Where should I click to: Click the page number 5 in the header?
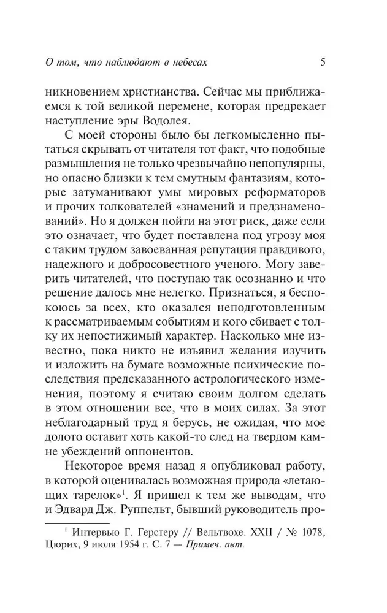point(323,61)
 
